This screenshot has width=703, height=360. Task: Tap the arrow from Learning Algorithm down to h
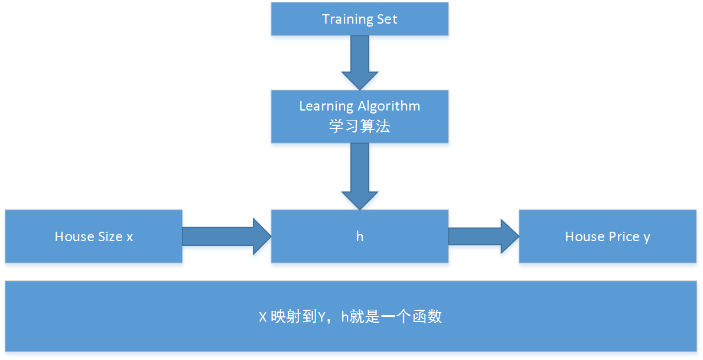tap(359, 174)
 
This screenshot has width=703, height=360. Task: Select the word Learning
tap(326, 107)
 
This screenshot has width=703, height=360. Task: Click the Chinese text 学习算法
tap(359, 126)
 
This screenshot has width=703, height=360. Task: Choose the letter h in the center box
tap(359, 236)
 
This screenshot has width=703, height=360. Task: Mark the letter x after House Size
tap(129, 238)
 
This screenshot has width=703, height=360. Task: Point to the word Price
tap(624, 237)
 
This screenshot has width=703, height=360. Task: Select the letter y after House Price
tap(647, 238)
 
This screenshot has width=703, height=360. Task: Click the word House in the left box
tap(74, 237)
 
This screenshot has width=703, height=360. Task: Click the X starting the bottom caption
tap(263, 317)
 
